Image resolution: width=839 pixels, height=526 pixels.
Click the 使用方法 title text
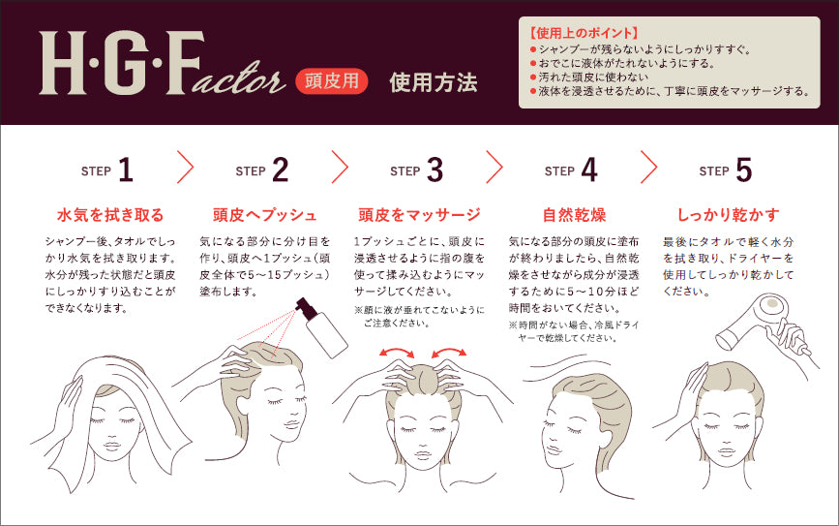point(433,82)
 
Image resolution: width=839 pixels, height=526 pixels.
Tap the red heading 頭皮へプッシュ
point(264,214)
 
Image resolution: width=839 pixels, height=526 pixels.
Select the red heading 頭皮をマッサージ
point(418,214)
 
